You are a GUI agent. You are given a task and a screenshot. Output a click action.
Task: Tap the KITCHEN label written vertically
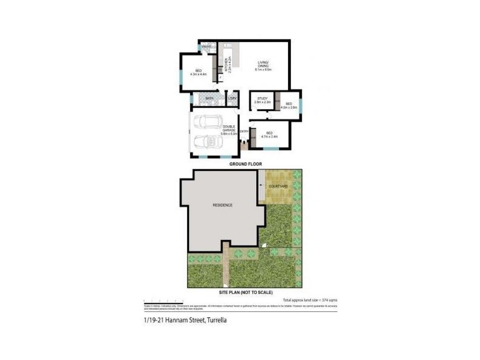pyautogui.click(x=226, y=64)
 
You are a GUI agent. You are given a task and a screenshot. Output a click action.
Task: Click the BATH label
pyautogui.click(x=209, y=98)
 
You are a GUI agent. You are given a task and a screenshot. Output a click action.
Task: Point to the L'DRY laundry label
pyautogui.click(x=232, y=98)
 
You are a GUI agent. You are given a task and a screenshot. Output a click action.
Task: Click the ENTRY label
pyautogui.click(x=244, y=131)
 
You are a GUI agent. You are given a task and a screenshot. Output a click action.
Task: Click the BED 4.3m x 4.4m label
pyautogui.click(x=198, y=73)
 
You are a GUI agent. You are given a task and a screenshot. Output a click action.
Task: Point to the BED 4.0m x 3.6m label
pyautogui.click(x=290, y=106)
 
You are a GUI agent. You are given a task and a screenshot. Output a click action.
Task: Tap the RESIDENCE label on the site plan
pyautogui.click(x=222, y=205)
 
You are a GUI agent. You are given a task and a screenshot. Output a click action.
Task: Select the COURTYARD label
pyautogui.click(x=278, y=187)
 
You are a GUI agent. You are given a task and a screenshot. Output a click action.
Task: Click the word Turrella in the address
pyautogui.click(x=217, y=320)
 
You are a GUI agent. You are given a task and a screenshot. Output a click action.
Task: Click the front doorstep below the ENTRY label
pyautogui.click(x=244, y=145)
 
